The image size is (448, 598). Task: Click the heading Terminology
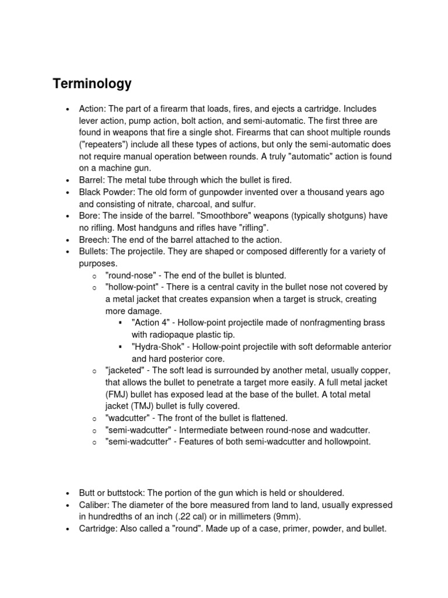(92, 84)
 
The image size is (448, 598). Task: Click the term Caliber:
(96, 505)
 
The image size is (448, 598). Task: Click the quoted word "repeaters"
(108, 144)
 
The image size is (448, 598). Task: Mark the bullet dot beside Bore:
(68, 216)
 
